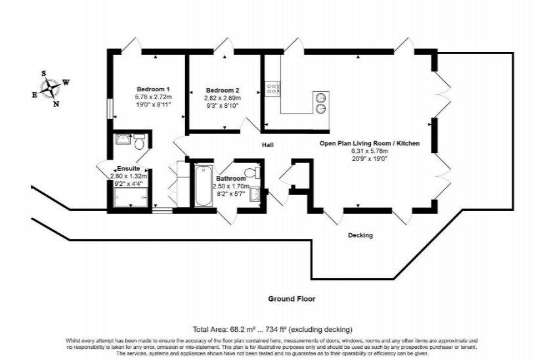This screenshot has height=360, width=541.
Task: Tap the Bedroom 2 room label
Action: [223, 91]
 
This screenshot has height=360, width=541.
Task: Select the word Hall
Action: [268, 145]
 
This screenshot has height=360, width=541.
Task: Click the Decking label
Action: [360, 235]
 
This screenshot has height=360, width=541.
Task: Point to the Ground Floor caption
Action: [292, 299]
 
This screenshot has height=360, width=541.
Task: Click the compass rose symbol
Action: [51, 89]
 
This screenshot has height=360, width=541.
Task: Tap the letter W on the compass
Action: [66, 83]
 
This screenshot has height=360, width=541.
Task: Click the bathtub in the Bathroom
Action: [203, 187]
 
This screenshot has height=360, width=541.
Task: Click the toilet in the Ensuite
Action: [139, 141]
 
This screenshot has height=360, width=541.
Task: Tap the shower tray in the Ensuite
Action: [131, 198]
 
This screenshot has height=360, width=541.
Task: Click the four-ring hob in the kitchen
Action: [272, 89]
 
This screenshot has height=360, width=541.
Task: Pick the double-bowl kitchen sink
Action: [321, 102]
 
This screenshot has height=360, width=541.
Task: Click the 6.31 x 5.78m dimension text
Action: [370, 151]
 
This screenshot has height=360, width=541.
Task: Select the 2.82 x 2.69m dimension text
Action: [223, 98]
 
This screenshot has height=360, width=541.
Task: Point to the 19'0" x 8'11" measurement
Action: [153, 104]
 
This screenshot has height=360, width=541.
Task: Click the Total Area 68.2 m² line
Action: [272, 329]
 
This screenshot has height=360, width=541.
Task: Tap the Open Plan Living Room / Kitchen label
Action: [370, 143]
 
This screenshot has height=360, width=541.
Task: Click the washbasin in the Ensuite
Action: [123, 139]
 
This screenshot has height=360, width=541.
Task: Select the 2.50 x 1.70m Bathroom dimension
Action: [231, 187]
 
